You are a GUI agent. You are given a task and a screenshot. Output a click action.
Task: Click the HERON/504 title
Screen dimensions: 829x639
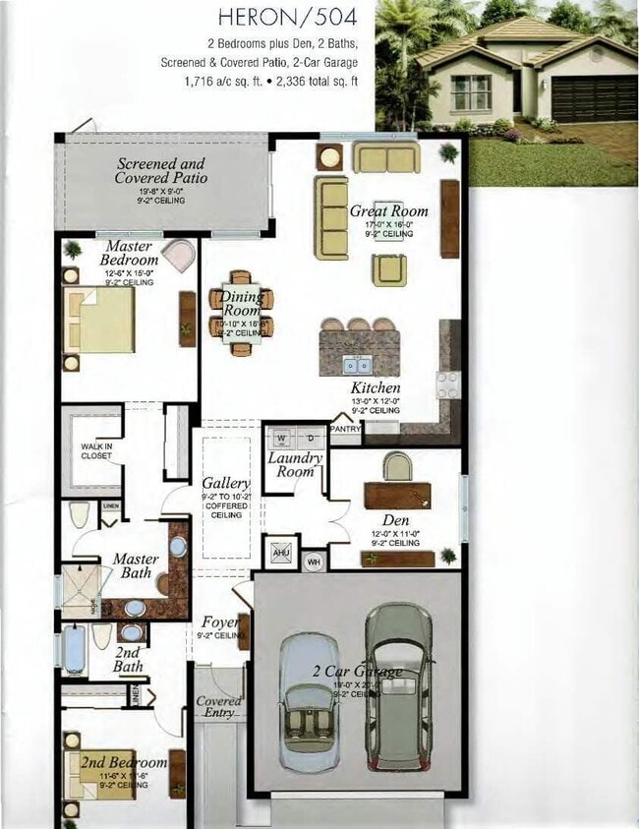[287, 17]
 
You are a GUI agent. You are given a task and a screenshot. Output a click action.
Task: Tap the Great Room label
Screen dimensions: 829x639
[389, 210]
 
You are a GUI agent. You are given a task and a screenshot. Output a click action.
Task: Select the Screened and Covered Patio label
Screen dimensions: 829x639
[161, 171]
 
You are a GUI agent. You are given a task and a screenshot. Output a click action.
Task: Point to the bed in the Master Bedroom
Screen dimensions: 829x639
[99, 320]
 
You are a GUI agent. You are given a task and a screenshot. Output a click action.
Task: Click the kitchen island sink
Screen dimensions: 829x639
[358, 365]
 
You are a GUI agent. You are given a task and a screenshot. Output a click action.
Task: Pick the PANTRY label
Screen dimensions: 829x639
[345, 429]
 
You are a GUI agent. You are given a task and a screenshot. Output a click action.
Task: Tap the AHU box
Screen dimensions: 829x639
[280, 552]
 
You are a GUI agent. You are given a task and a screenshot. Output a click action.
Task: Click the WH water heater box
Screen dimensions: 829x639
[314, 562]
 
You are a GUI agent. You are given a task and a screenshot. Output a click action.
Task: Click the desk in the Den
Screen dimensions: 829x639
[398, 495]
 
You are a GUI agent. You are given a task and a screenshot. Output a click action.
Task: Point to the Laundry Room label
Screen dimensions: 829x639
[295, 464]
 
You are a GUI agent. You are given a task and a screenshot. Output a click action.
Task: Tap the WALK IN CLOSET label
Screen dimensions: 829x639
[95, 450]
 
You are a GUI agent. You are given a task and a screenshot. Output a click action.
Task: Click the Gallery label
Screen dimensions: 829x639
[226, 484]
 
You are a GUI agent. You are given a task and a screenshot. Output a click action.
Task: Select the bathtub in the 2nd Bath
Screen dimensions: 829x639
[74, 649]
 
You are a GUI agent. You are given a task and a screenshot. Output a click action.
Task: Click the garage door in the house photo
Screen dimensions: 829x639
[593, 98]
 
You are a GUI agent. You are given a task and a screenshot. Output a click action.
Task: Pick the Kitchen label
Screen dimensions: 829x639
[376, 387]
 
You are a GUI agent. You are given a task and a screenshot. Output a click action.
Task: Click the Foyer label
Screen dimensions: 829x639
[220, 622]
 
